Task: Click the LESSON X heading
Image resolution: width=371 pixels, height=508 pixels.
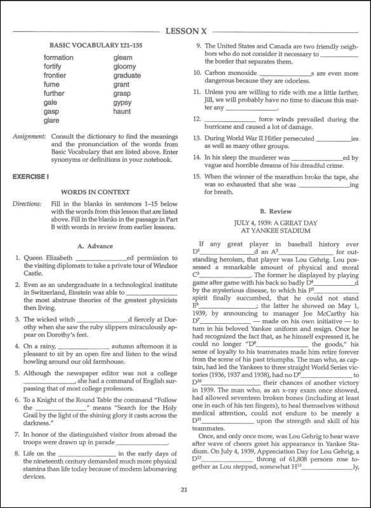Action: point(185,30)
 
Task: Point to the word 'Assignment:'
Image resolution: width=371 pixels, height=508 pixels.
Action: point(29,136)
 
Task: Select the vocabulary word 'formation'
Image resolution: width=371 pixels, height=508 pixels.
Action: point(59,58)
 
